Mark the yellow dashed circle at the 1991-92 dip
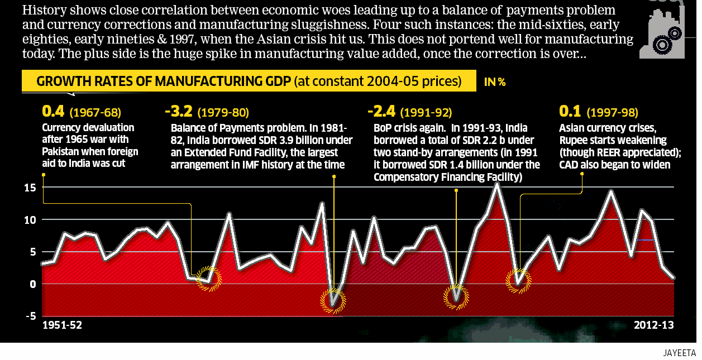[x=457, y=296]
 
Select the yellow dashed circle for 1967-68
[x=209, y=276]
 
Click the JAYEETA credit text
[x=680, y=353]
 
